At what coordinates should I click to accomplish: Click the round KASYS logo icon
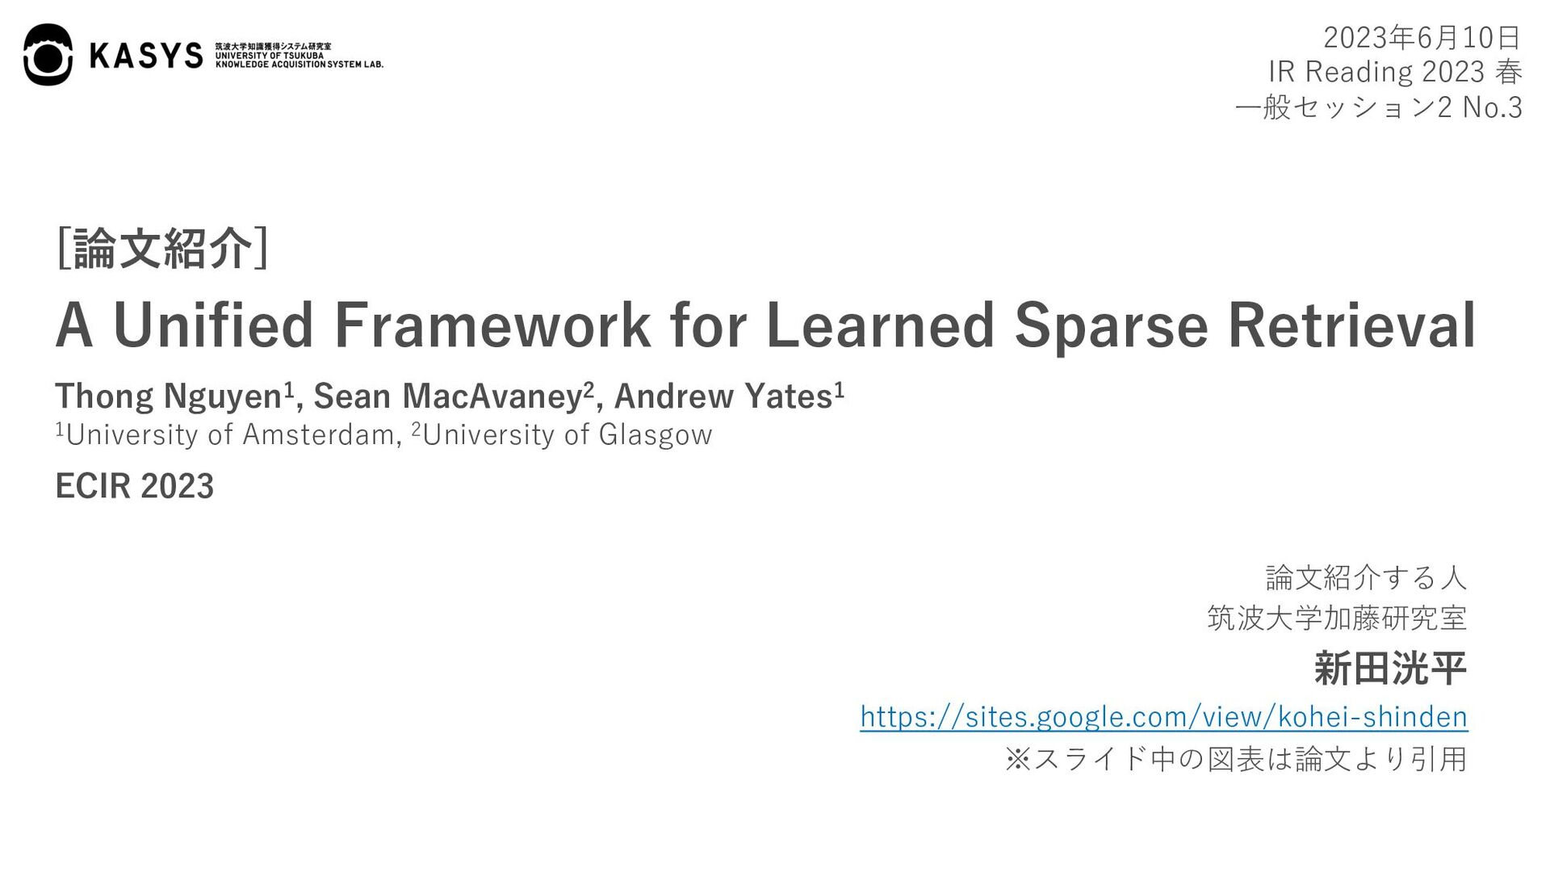click(x=48, y=54)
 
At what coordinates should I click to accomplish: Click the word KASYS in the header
click(x=146, y=55)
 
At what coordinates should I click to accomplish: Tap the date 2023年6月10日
click(x=1422, y=37)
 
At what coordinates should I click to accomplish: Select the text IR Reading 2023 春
click(x=1395, y=72)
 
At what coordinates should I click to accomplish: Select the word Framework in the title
click(x=491, y=325)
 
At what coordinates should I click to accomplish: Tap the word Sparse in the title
click(x=1111, y=325)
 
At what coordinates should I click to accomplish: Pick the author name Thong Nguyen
click(x=168, y=396)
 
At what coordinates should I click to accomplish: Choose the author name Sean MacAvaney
click(x=448, y=396)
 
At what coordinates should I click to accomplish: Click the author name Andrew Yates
click(x=723, y=396)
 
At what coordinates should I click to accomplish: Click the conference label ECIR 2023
click(x=134, y=486)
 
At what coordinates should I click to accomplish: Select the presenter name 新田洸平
click(x=1390, y=669)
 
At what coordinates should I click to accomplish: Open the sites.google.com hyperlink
click(x=1163, y=716)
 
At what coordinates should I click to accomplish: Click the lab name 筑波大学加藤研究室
click(x=1337, y=618)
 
